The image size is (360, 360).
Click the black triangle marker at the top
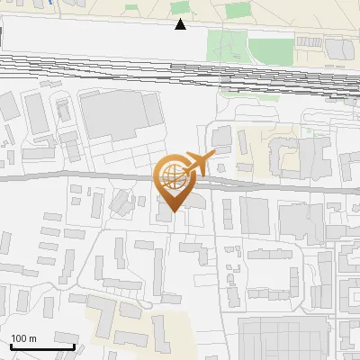[x=181, y=24]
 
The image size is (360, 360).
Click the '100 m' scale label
[x=23, y=338]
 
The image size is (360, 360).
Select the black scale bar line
[x=41, y=346]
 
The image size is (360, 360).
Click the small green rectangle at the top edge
[x=238, y=10]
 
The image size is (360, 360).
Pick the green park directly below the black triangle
[x=226, y=46]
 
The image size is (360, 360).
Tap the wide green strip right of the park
[x=270, y=49]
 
